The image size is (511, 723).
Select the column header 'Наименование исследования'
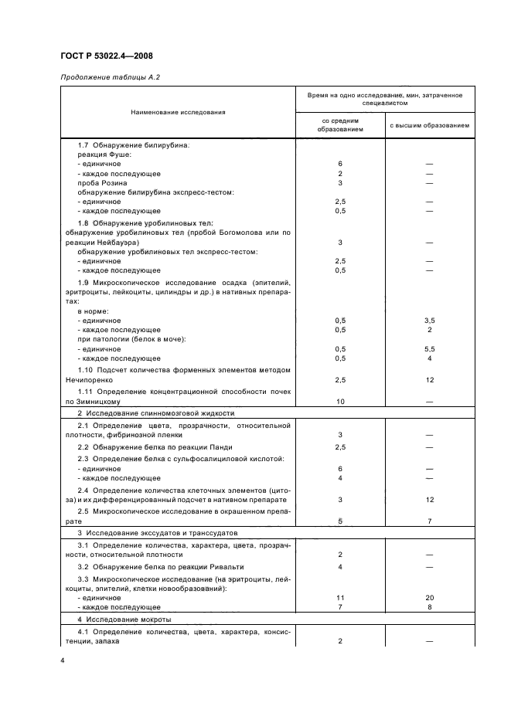(178, 112)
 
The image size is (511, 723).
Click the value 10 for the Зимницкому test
(339, 402)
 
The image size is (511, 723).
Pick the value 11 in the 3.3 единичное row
(339, 598)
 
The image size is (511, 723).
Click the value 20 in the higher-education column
(429, 598)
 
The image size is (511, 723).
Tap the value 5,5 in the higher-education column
(429, 349)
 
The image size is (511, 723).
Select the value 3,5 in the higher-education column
(429, 320)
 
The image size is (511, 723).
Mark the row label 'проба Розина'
(100, 183)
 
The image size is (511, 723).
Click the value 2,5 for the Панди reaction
(339, 447)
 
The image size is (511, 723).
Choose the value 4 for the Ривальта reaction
(339, 568)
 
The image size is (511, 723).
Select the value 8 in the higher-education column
(429, 607)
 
